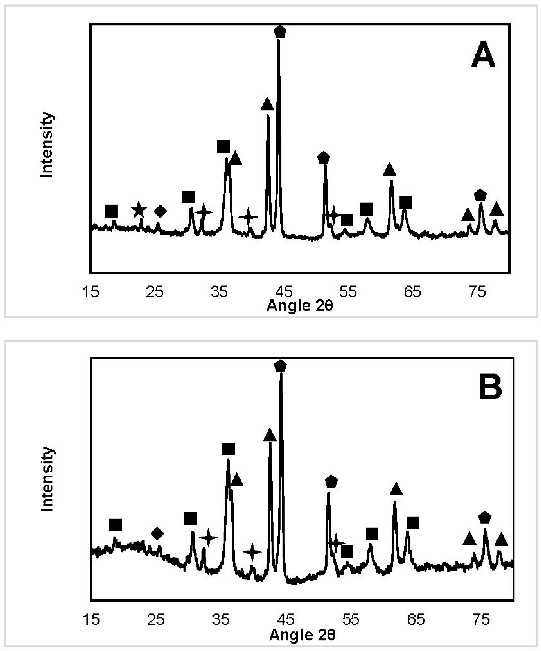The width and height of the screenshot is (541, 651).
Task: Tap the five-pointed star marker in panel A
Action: pos(139,211)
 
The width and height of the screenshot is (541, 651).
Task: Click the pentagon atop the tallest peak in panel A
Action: pos(280,32)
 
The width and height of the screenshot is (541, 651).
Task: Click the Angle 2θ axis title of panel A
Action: pos(300,306)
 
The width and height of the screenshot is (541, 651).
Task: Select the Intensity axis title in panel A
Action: pos(47,145)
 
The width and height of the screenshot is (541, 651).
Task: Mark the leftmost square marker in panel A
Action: pos(111,211)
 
